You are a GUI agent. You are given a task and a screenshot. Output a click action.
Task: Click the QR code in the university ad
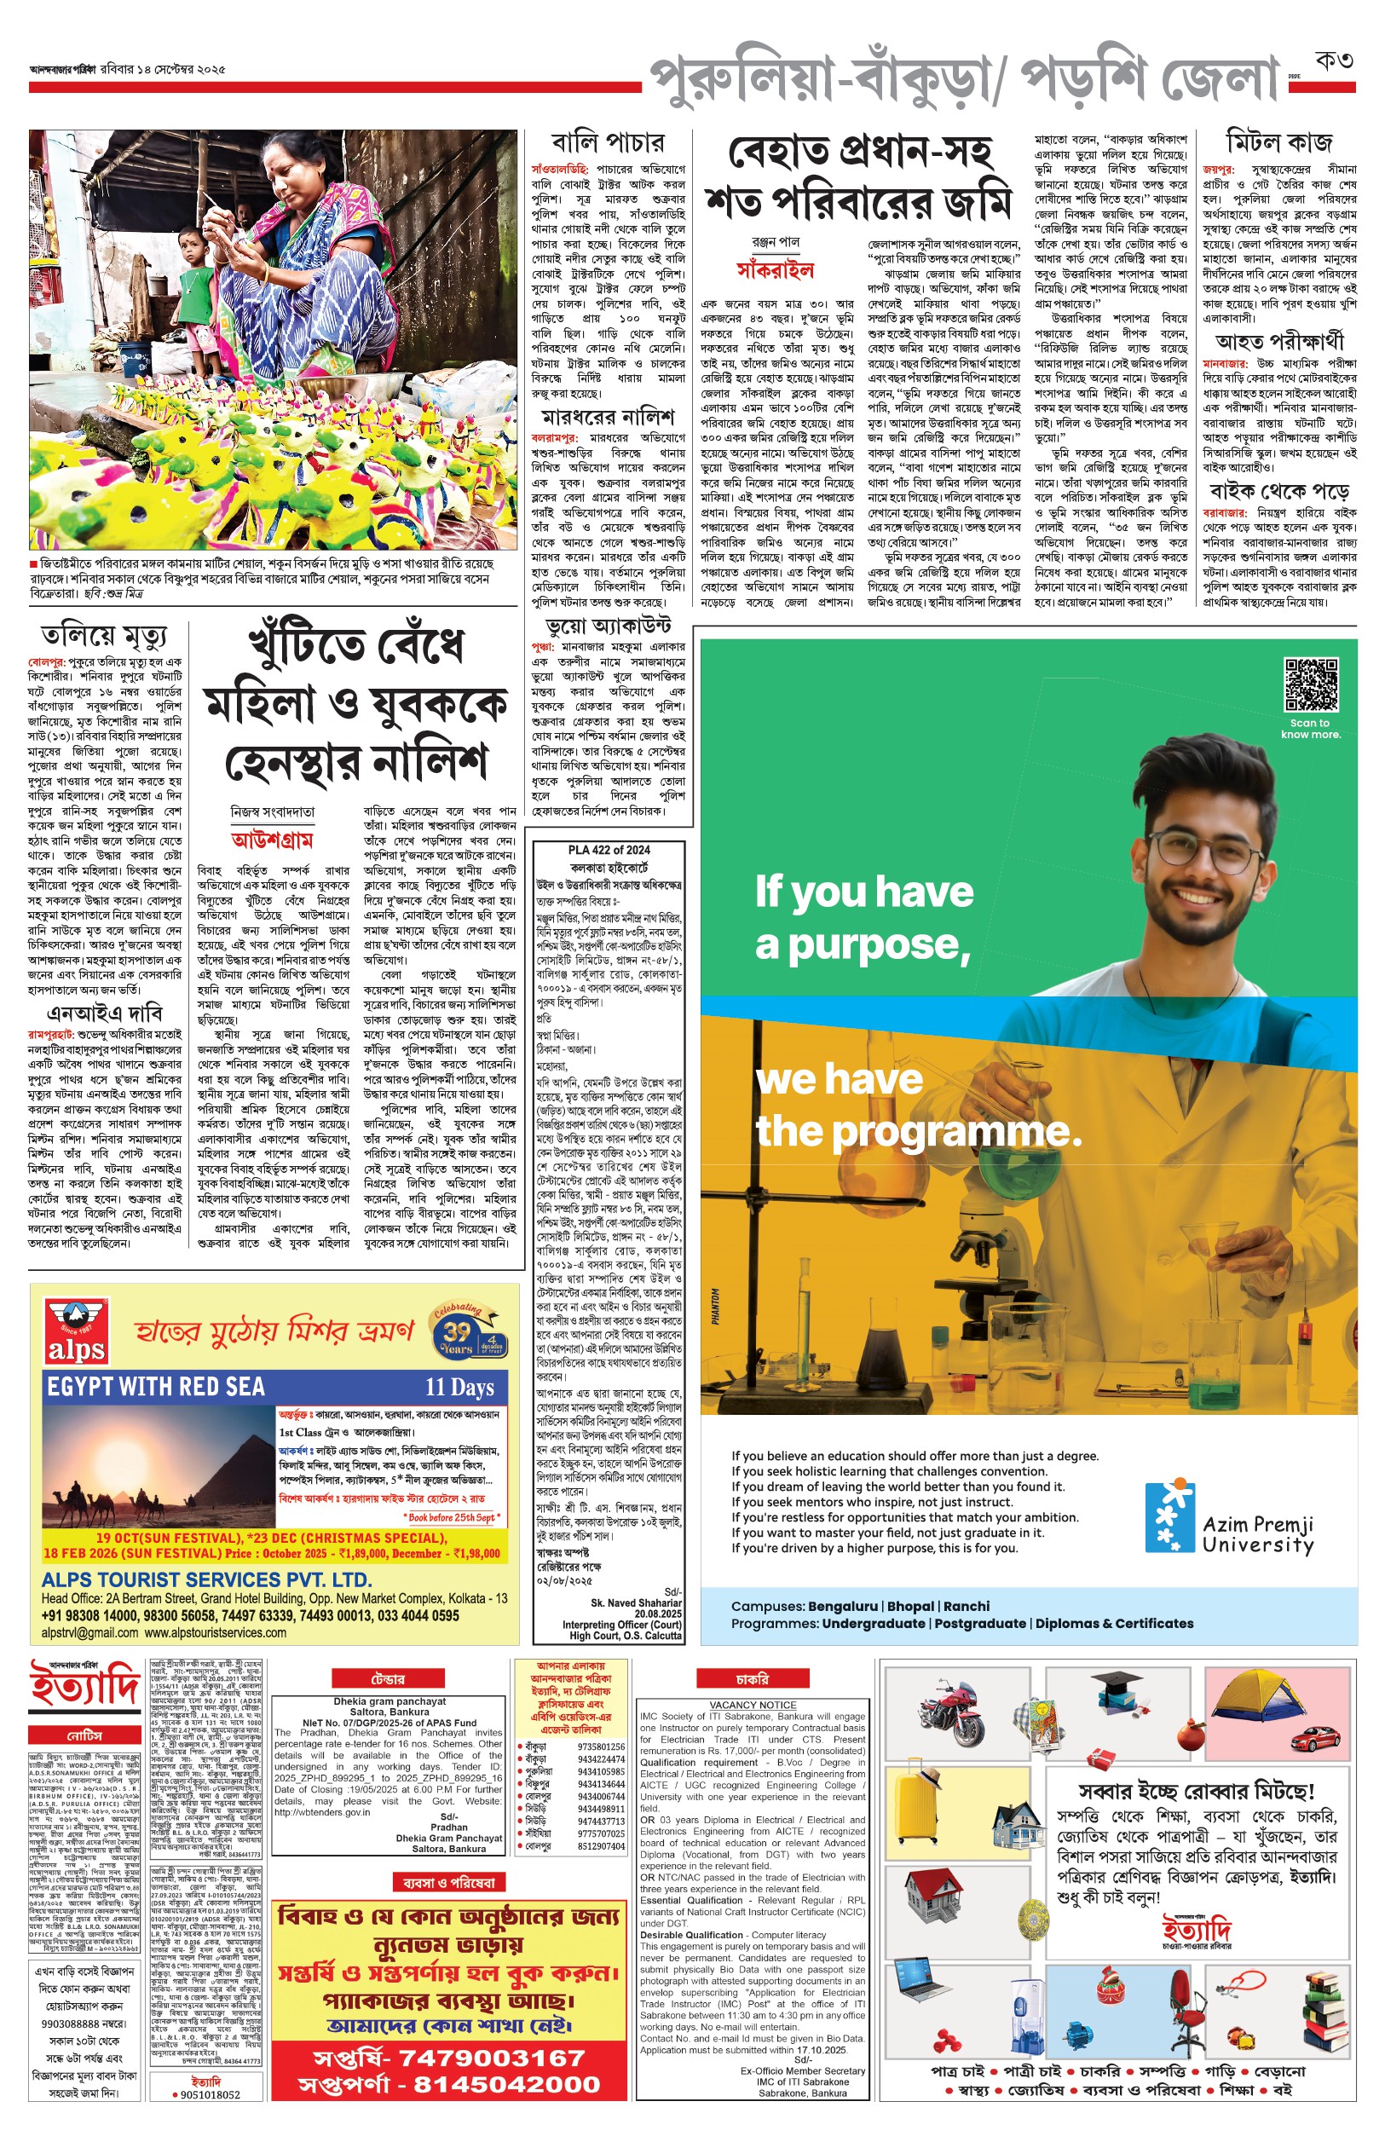(1310, 685)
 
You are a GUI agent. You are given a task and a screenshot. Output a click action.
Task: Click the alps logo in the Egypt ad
(77, 1331)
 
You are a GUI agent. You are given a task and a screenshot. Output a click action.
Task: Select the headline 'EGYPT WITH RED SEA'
(156, 1387)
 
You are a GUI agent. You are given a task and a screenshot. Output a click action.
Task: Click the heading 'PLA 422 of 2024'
(608, 850)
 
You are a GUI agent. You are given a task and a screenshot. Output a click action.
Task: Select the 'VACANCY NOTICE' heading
(753, 1705)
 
